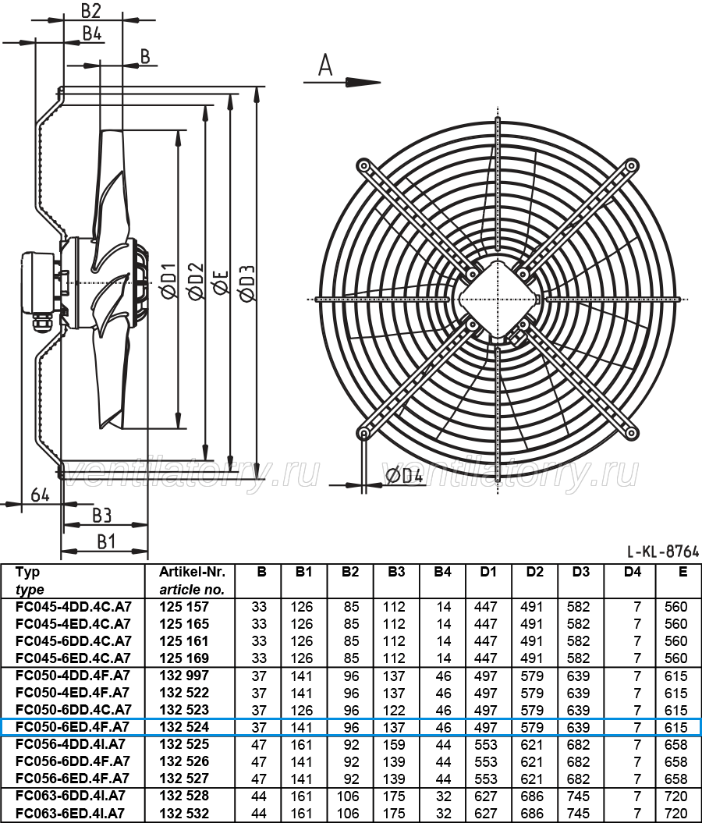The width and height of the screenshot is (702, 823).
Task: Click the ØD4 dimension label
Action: click(x=404, y=476)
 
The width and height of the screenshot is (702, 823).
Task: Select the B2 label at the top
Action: click(x=90, y=10)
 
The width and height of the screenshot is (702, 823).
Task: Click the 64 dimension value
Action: click(x=40, y=495)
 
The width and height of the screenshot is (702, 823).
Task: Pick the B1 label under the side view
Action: click(x=106, y=541)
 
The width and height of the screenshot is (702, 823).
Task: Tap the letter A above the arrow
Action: click(x=325, y=66)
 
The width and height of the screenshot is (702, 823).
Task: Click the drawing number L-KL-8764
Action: click(x=663, y=551)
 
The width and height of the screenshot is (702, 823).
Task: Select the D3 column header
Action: click(x=580, y=572)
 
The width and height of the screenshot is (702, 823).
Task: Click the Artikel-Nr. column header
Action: click(x=192, y=572)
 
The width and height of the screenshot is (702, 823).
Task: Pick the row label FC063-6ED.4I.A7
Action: click(x=70, y=813)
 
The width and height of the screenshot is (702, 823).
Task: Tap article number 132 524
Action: click(x=184, y=727)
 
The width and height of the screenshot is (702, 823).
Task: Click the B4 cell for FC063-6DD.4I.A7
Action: click(x=443, y=796)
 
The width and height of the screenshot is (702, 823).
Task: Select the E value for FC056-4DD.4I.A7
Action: click(x=675, y=744)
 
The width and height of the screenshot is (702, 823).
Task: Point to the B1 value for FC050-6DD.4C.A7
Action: click(x=302, y=710)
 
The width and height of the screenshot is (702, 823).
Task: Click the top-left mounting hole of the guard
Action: click(x=363, y=166)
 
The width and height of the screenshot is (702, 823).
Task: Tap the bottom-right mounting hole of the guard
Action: click(x=633, y=433)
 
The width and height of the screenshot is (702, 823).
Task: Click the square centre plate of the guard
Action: click(x=497, y=300)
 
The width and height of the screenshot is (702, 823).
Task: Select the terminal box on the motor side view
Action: click(x=37, y=283)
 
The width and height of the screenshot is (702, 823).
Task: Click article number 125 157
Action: click(x=184, y=607)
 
